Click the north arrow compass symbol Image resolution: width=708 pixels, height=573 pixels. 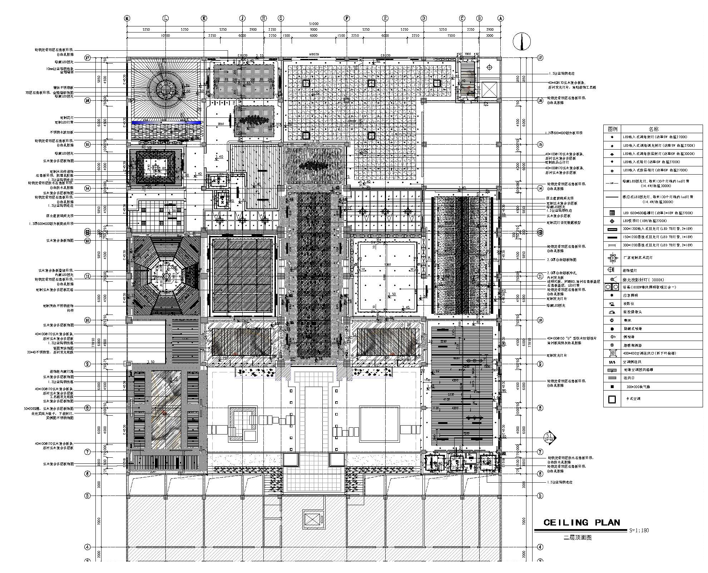pyautogui.click(x=521, y=41)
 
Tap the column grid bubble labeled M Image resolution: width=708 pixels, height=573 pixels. pyautogui.click(x=127, y=18)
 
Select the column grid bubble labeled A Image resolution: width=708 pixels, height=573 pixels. pyautogui.click(x=501, y=18)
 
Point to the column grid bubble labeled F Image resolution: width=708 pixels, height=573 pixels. pyautogui.click(x=346, y=18)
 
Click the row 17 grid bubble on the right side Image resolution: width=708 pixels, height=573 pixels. pyautogui.click(x=540, y=57)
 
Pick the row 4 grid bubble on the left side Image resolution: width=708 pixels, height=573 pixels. pyautogui.click(x=87, y=547)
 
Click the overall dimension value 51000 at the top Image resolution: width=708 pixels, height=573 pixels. pyautogui.click(x=313, y=24)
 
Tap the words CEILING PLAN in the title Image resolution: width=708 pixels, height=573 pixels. pyautogui.click(x=581, y=523)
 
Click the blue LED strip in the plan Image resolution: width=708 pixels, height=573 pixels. pyautogui.click(x=166, y=122)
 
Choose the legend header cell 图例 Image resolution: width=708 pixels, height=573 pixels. pyautogui.click(x=613, y=129)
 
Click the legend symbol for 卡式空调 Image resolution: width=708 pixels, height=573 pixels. pyautogui.click(x=612, y=399)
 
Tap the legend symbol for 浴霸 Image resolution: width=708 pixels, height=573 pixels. pyautogui.click(x=612, y=287)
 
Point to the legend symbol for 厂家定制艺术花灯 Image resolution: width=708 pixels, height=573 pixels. pyautogui.click(x=612, y=257)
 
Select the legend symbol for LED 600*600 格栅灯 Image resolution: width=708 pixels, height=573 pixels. pyautogui.click(x=612, y=213)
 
